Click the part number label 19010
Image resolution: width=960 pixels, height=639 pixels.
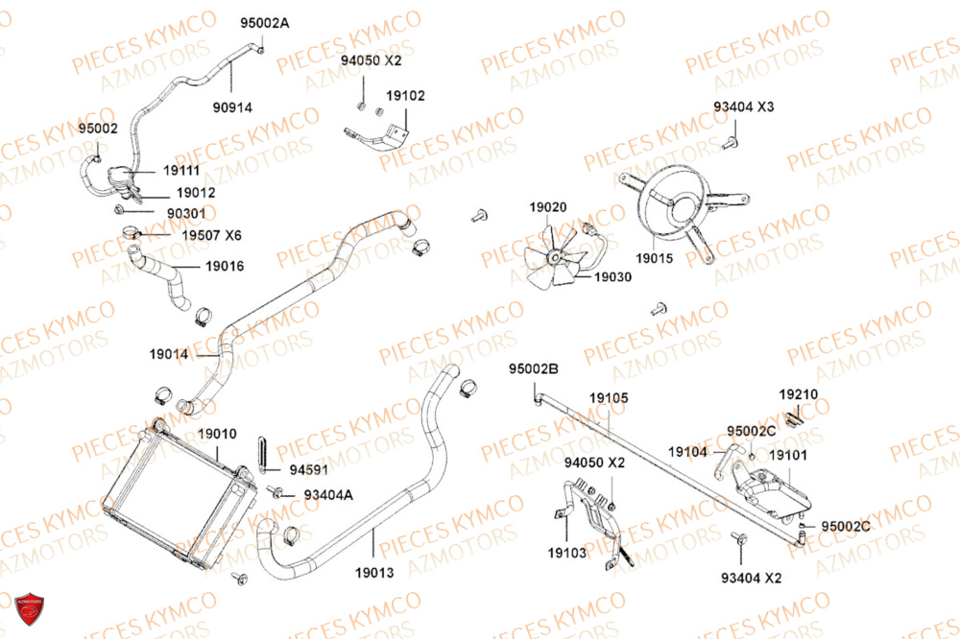point(217,434)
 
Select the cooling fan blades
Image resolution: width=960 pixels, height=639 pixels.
point(554,256)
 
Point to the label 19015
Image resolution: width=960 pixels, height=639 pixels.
point(654,258)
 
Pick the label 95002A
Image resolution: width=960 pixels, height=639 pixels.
point(265,23)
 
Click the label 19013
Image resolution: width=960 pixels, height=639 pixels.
point(374,573)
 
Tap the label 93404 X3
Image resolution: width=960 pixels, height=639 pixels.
point(743,106)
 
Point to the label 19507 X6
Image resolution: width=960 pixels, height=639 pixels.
point(211,236)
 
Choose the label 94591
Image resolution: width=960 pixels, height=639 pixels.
point(308,470)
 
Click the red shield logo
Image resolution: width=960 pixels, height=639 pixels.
point(29,608)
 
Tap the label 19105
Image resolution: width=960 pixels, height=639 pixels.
point(609,398)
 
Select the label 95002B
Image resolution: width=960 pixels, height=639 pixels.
point(534,369)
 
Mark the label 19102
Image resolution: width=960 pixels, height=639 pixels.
point(405,96)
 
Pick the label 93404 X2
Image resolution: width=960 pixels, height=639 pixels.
point(752,579)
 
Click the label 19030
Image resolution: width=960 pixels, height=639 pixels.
point(612,277)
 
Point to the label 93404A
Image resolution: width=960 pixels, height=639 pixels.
point(328,495)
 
